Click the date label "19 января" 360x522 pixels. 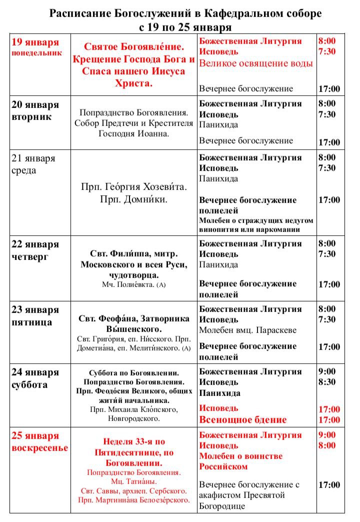[34, 42]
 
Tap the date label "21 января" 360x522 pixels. [33, 158]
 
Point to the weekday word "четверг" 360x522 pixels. [29, 256]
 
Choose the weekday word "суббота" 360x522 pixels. [29, 384]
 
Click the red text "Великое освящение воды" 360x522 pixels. [256, 63]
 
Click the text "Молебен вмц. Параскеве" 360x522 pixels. [247, 330]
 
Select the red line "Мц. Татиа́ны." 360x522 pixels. [134, 481]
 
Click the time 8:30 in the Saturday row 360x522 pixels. [327, 382]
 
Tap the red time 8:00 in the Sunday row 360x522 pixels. [327, 445]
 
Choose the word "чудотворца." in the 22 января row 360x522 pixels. [134, 275]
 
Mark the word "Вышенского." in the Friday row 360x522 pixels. [134, 329]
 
